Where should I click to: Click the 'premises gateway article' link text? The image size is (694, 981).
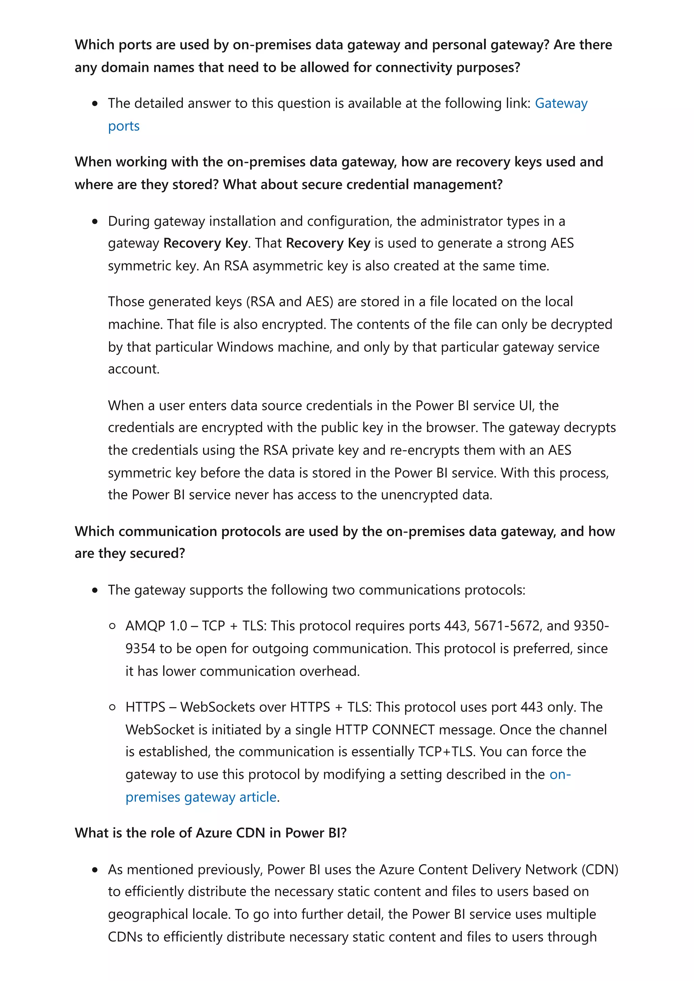click(x=201, y=797)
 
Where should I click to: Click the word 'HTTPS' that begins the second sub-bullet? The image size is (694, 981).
click(x=145, y=707)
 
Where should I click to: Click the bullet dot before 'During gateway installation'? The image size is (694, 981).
click(x=95, y=221)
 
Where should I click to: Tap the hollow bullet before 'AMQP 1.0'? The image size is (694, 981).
click(x=112, y=626)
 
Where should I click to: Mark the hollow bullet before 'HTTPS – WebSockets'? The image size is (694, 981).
click(x=112, y=707)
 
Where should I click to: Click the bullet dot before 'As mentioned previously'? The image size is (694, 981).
click(x=95, y=870)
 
